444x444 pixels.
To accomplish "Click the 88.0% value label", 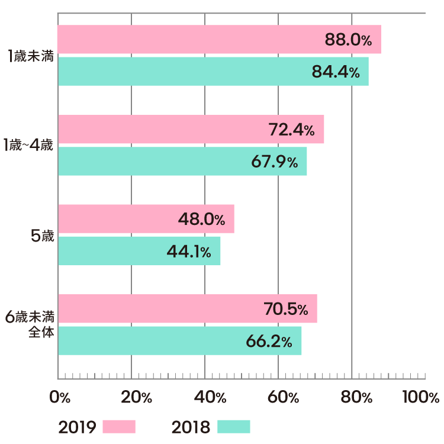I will pyautogui.click(x=348, y=40).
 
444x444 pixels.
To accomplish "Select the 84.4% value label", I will pyautogui.click(x=336, y=72).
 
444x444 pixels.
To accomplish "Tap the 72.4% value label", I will pyautogui.click(x=291, y=130).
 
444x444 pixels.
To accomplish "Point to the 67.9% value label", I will pyautogui.click(x=274, y=162).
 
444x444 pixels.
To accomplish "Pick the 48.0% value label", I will pyautogui.click(x=201, y=220).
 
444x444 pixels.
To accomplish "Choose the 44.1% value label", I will pyautogui.click(x=188, y=252).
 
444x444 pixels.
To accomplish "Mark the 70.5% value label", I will pyautogui.click(x=285, y=309).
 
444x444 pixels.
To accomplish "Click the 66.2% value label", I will pyautogui.click(x=269, y=341).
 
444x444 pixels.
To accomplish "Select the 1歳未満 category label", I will pyautogui.click(x=31, y=57).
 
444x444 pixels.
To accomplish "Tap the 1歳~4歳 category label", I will pyautogui.click(x=28, y=146).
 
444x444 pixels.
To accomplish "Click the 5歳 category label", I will pyautogui.click(x=42, y=236).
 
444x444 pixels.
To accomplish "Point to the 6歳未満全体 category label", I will pyautogui.click(x=30, y=324).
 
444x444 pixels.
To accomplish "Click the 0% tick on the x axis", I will pyautogui.click(x=60, y=397).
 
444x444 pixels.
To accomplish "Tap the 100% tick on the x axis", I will pyautogui.click(x=420, y=397).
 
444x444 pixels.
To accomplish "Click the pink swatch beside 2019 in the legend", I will pyautogui.click(x=119, y=427).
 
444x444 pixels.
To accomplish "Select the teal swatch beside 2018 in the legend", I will pyautogui.click(x=234, y=427).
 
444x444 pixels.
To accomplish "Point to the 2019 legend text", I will pyautogui.click(x=77, y=427).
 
